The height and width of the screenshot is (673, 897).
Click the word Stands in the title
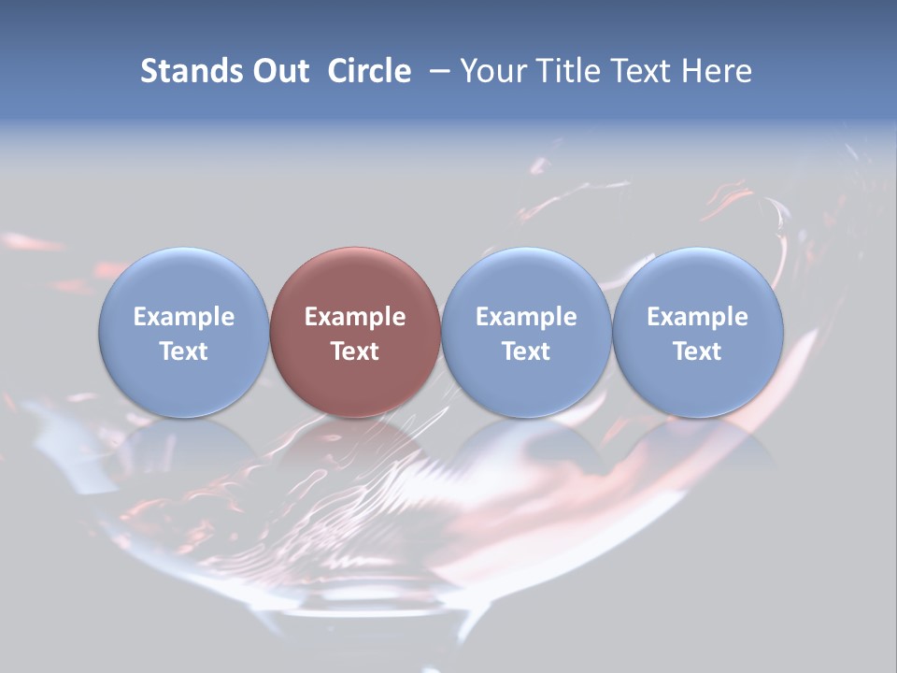(x=192, y=72)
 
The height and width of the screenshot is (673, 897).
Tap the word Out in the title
(x=280, y=72)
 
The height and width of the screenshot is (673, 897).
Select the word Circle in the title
(x=369, y=72)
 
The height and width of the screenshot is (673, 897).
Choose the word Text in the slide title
(x=642, y=72)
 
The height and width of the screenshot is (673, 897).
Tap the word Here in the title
(x=717, y=72)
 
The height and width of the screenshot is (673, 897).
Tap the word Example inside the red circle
(x=355, y=318)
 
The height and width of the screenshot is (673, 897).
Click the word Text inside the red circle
(x=355, y=352)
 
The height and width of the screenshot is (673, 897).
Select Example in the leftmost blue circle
(x=183, y=318)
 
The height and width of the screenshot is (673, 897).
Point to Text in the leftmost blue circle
(x=183, y=352)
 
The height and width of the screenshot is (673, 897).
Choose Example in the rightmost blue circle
(x=698, y=318)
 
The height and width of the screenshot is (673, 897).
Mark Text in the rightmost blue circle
(x=698, y=352)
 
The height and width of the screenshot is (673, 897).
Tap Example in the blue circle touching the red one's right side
(x=526, y=318)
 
